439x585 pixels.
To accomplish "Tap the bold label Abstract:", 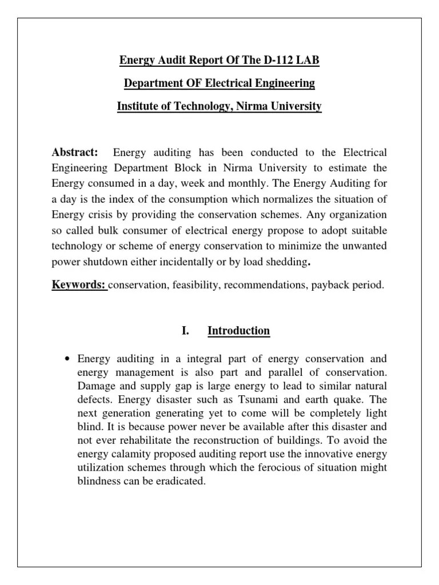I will tap(75, 153).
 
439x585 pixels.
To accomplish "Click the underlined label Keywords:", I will tap(79, 285).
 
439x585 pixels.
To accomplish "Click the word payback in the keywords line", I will tap(329, 285).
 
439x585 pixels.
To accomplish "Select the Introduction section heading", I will tap(238, 331).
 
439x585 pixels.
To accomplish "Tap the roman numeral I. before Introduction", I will tap(185, 331).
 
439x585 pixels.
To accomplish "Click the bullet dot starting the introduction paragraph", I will tap(67, 360).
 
